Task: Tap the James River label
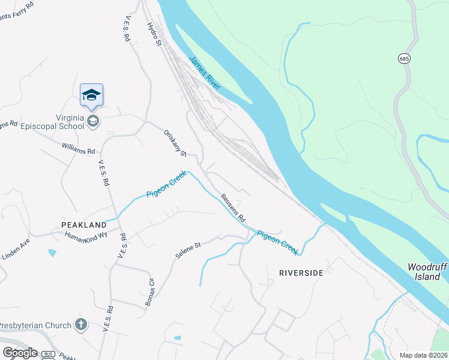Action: click(x=205, y=73)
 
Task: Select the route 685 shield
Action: click(x=403, y=58)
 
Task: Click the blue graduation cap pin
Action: click(x=91, y=95)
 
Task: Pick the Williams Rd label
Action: click(x=79, y=148)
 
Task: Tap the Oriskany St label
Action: click(x=175, y=143)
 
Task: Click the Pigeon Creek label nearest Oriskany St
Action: click(x=167, y=186)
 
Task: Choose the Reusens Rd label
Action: click(x=232, y=209)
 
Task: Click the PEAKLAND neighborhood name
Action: click(x=83, y=224)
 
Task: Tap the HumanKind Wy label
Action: click(x=86, y=236)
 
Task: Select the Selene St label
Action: click(x=187, y=250)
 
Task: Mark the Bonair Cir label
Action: click(x=150, y=292)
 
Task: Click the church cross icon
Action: click(x=81, y=325)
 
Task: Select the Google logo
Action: click(x=20, y=352)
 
